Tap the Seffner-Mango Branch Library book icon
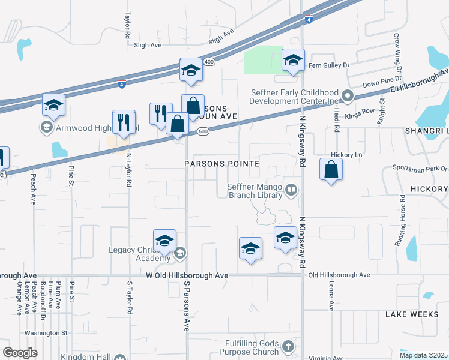point(291,190)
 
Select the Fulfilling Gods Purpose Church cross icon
point(288,347)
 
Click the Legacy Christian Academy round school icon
point(179,254)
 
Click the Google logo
point(20,353)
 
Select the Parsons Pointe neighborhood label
point(221,164)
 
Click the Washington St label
point(46,332)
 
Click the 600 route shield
point(203,132)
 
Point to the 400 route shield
point(209,62)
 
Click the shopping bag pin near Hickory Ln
point(331,170)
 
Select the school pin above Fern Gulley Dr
point(293,60)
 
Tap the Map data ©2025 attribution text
point(423,355)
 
